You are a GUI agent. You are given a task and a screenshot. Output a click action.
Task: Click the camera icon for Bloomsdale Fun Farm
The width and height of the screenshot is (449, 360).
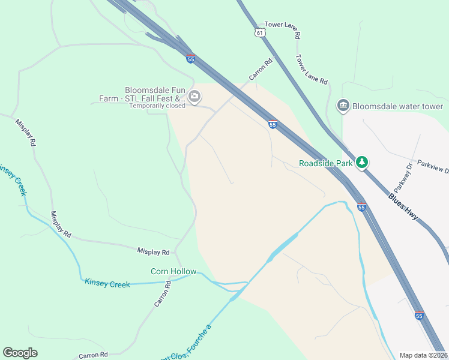click(x=194, y=96)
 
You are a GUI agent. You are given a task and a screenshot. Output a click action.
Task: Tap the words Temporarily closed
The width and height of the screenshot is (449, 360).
click(x=157, y=106)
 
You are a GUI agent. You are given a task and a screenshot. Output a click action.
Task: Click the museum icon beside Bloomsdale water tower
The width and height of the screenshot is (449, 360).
click(x=343, y=106)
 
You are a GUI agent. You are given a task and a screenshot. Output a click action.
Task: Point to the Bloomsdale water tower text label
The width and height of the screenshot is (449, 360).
click(x=397, y=106)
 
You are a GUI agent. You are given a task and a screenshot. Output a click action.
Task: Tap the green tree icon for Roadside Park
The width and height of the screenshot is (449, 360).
click(x=362, y=162)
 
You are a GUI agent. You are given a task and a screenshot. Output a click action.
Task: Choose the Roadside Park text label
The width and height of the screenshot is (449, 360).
click(x=325, y=163)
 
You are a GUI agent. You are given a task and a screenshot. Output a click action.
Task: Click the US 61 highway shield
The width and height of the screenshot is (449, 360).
click(x=259, y=32)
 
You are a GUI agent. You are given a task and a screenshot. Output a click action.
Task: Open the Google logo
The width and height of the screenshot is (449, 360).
click(x=20, y=352)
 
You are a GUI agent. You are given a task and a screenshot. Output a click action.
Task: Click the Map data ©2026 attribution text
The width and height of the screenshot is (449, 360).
click(x=423, y=355)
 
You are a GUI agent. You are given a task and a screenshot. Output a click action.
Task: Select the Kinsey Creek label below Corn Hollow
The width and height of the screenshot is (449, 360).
click(x=107, y=283)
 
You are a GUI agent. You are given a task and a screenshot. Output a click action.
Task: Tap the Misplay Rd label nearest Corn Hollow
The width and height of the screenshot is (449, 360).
click(x=153, y=252)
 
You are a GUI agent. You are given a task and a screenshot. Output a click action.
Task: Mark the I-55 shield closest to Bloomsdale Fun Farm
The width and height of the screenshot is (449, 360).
click(x=191, y=59)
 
